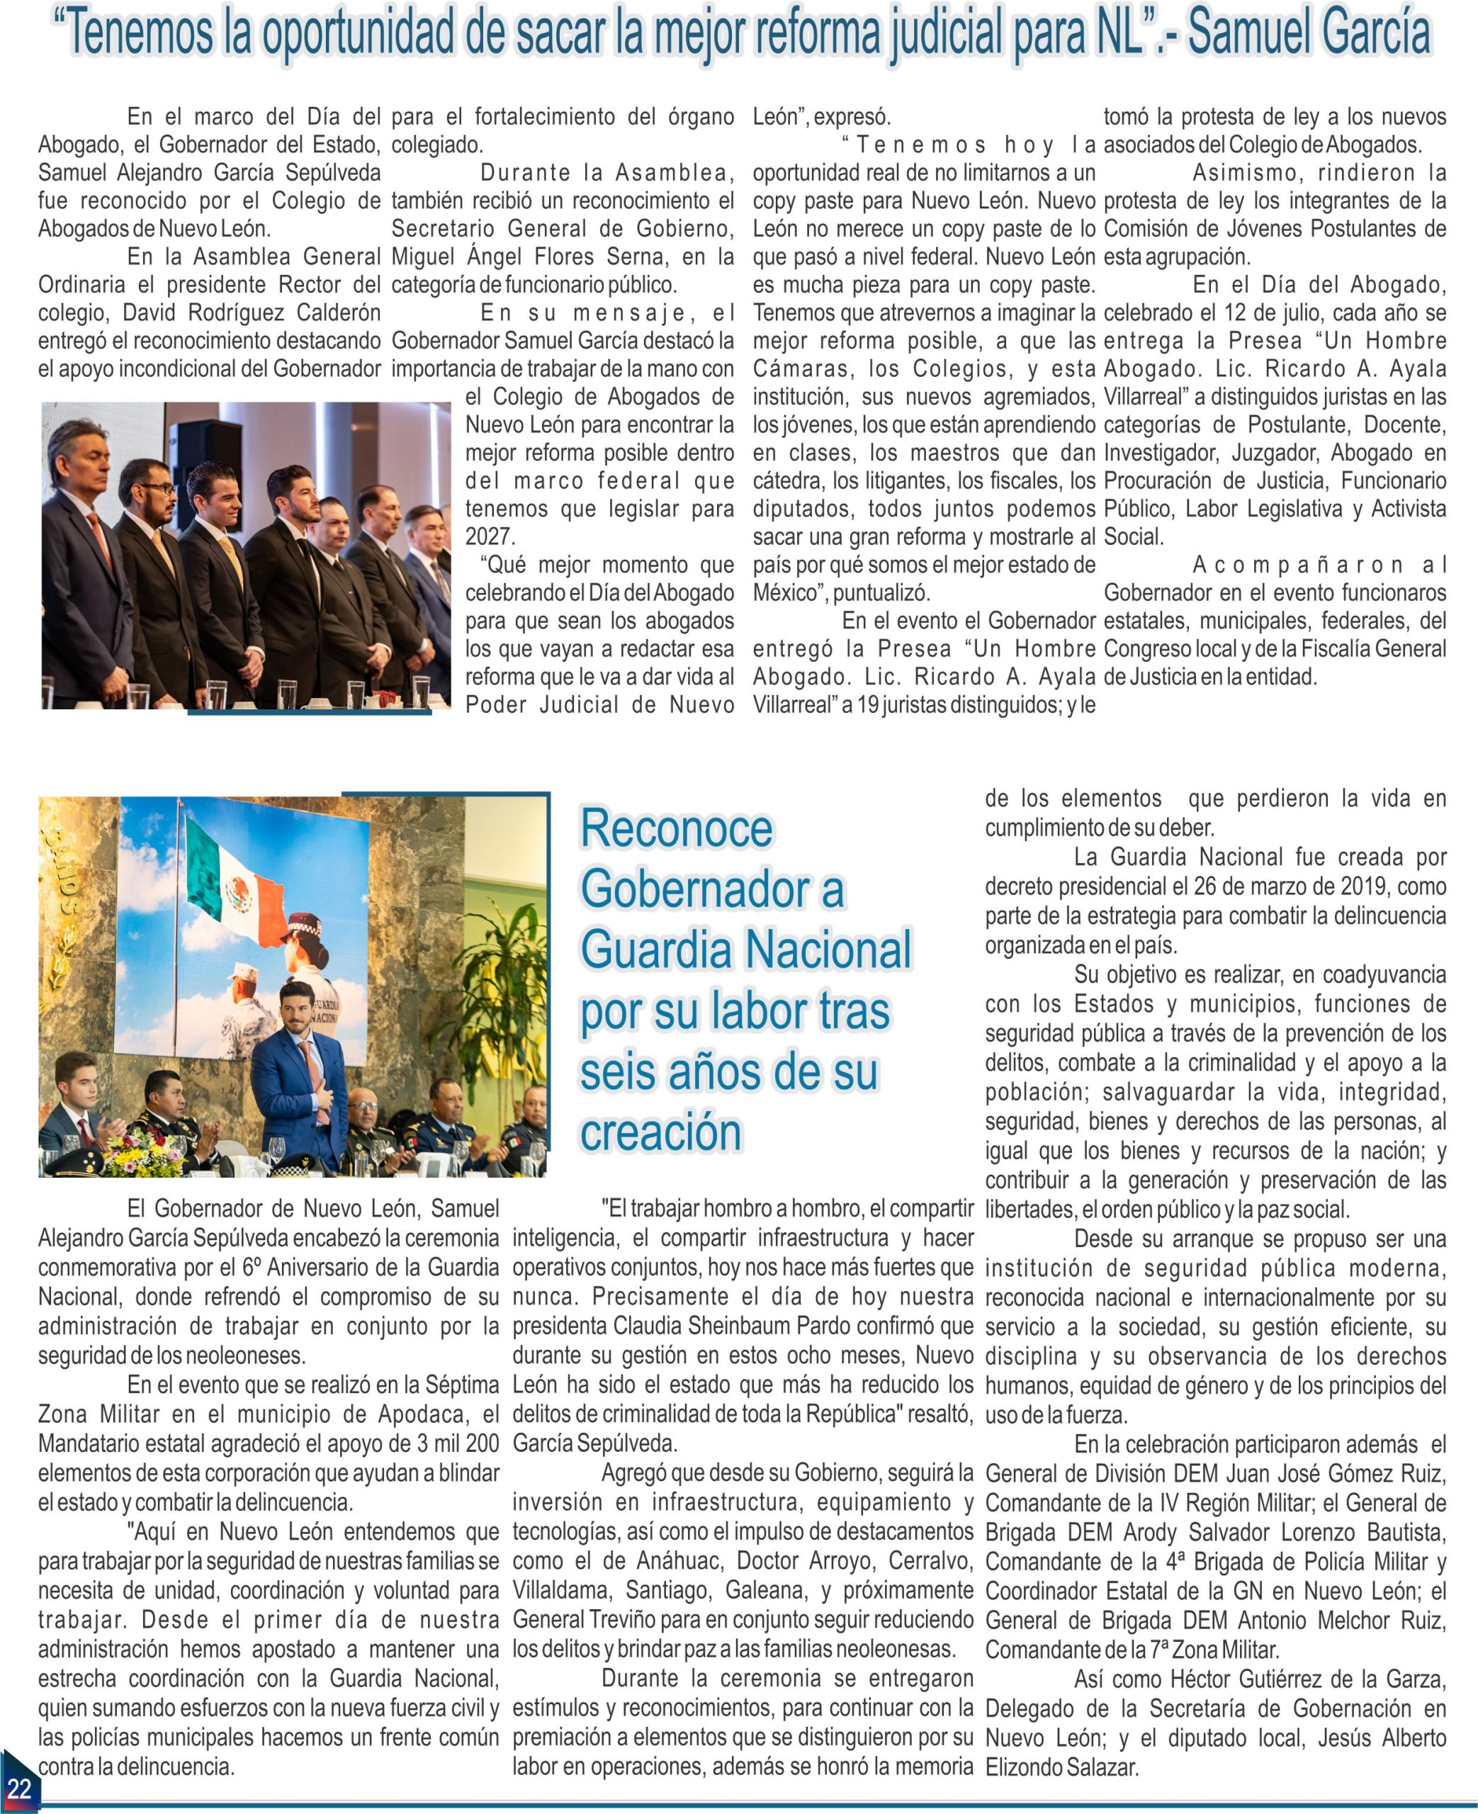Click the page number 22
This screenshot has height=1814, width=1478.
point(18,1788)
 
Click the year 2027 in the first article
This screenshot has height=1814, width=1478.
point(490,537)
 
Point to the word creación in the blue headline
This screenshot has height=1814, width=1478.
point(660,1132)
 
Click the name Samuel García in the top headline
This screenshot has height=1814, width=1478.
point(1309,33)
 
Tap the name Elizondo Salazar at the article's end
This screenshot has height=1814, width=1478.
point(1061,1767)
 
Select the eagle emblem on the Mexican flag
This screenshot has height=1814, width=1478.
point(237,892)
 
